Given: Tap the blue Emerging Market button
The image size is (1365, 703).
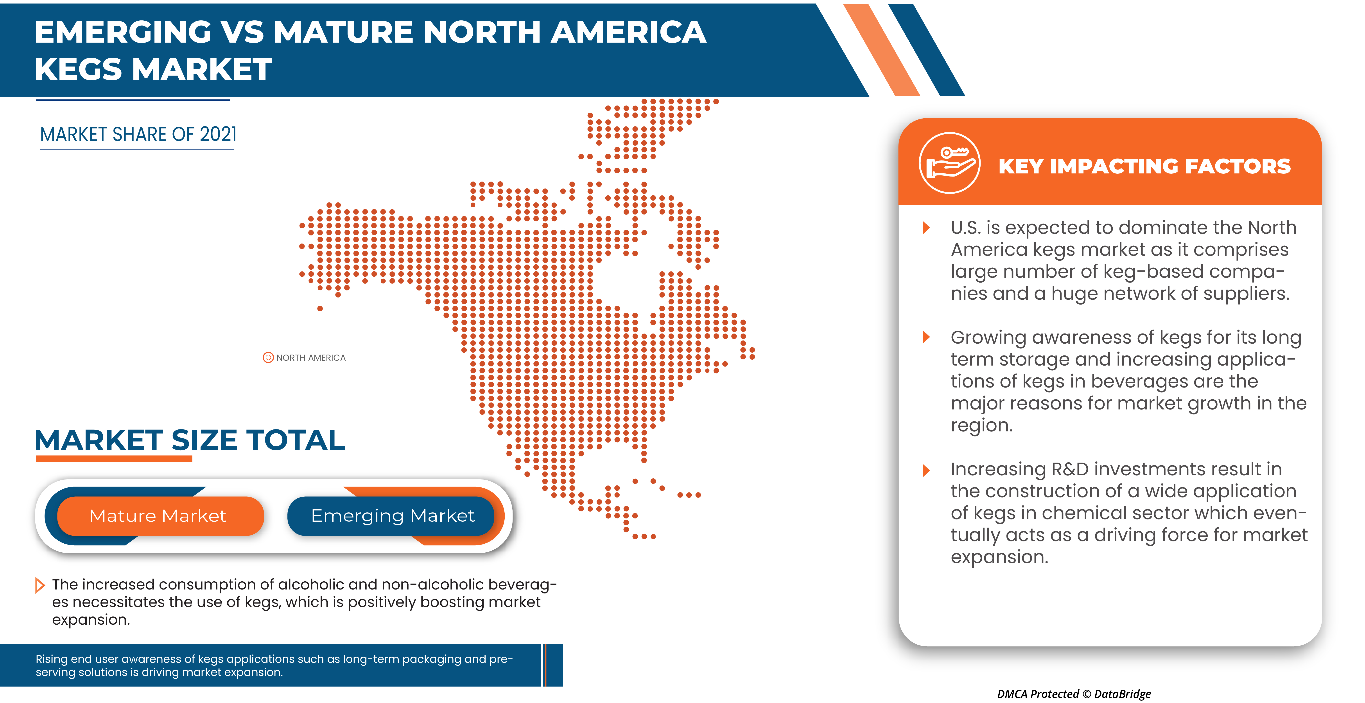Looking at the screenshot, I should pos(392,516).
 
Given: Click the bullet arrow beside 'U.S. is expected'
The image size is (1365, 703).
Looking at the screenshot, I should pos(926,228).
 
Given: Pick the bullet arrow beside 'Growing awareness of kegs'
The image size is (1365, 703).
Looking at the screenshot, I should pos(926,337).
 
